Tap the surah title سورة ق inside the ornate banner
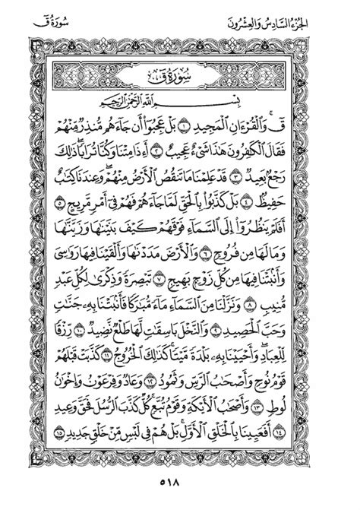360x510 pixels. pyautogui.click(x=180, y=76)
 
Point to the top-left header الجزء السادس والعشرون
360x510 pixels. pyautogui.click(x=73, y=14)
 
